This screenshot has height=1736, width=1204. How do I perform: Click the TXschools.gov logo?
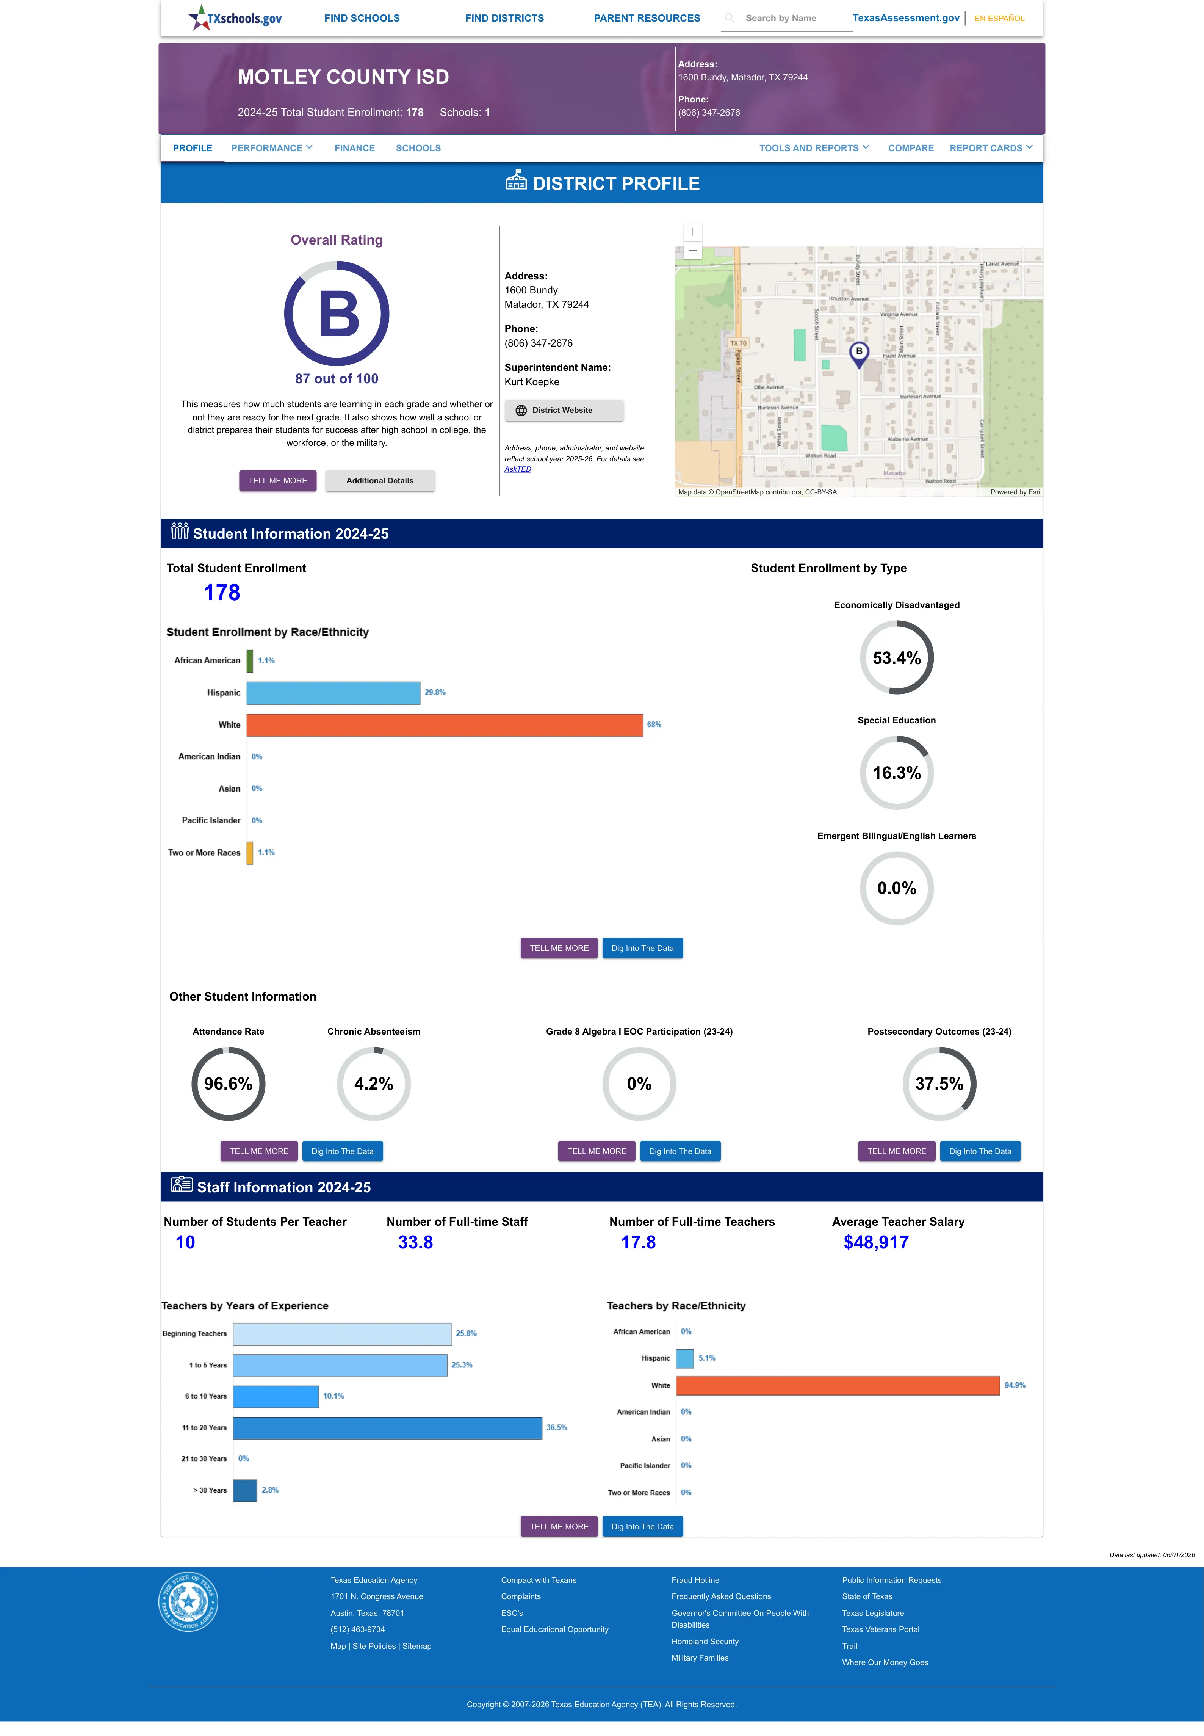tap(235, 17)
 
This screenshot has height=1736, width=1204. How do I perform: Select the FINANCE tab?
tap(355, 148)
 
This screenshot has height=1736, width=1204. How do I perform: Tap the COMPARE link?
tap(911, 148)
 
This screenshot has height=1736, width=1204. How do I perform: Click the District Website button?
tap(564, 411)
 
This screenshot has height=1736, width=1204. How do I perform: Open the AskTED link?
tap(518, 469)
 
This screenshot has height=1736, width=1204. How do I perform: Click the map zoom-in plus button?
tap(692, 232)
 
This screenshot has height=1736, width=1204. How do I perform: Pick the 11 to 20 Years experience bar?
tap(388, 1427)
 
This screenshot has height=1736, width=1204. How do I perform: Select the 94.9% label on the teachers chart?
tap(1015, 1385)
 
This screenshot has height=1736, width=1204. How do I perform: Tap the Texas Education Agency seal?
tap(188, 1601)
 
